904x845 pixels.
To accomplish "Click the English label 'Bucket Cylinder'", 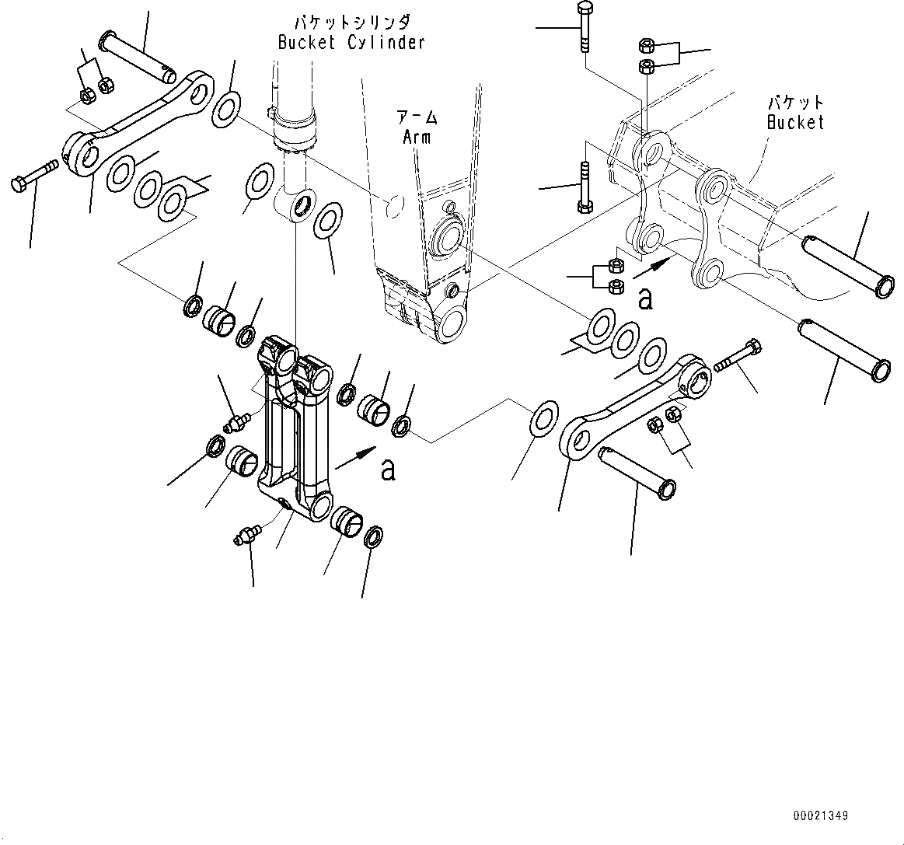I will pyautogui.click(x=351, y=43).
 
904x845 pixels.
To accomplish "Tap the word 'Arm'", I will pyautogui.click(x=417, y=138).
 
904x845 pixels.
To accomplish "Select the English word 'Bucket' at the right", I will pyautogui.click(x=794, y=122).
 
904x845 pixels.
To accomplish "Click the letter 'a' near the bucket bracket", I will pyautogui.click(x=644, y=299).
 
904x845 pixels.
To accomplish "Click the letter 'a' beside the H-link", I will pyautogui.click(x=388, y=470).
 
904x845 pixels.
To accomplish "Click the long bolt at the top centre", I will pyautogui.click(x=584, y=28).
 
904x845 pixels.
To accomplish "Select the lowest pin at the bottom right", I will pyautogui.click(x=637, y=471).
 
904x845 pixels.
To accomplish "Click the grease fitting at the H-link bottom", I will pyautogui.click(x=248, y=536).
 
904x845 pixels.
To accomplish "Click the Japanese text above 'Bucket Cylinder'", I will pyautogui.click(x=351, y=22).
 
